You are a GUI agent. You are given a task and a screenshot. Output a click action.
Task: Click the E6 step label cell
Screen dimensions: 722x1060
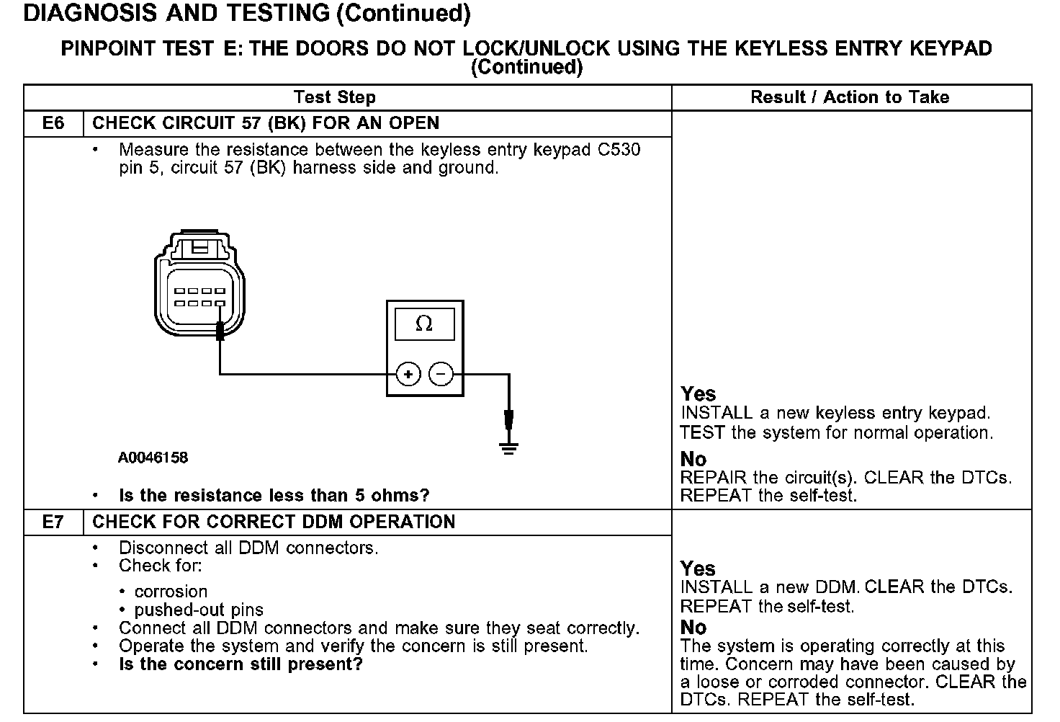tap(53, 123)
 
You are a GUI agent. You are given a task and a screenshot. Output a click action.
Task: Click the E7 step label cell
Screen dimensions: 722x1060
tap(53, 522)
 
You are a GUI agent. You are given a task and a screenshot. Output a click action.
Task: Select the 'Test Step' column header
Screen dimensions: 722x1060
tap(334, 97)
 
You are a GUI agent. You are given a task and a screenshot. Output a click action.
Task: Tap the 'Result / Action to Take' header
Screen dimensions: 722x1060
tap(850, 97)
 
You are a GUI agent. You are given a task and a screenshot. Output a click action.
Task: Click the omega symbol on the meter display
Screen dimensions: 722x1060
tap(424, 324)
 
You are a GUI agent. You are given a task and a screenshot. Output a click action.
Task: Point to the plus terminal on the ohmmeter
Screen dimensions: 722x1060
tap(408, 374)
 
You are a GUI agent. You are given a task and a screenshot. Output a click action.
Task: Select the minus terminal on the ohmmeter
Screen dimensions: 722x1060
tap(441, 374)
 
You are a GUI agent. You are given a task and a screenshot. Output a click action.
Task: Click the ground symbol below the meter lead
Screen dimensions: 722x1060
tap(509, 448)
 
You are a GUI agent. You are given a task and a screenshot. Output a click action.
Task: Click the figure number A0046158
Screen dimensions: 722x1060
tap(153, 458)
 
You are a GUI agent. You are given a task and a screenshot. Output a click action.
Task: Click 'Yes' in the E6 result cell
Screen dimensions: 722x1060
tap(698, 394)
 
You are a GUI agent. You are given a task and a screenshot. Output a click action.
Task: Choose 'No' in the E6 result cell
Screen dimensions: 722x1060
tap(693, 459)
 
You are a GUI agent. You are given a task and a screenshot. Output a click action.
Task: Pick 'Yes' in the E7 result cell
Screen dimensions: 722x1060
tap(698, 569)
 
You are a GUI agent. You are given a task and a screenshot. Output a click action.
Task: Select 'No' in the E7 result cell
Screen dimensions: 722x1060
tap(693, 628)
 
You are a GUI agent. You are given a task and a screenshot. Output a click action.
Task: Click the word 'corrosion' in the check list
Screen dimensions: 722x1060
tap(171, 592)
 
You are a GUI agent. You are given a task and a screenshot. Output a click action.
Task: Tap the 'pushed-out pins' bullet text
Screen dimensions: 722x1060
tap(199, 610)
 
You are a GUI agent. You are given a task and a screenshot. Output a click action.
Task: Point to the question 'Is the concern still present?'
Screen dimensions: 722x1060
tap(241, 664)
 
